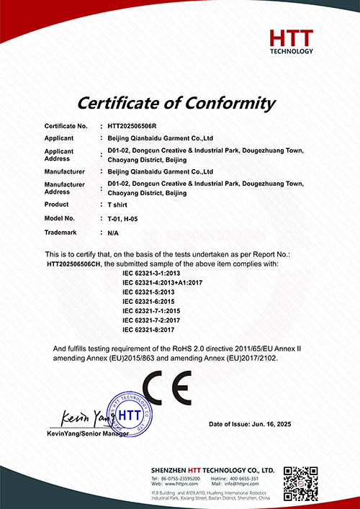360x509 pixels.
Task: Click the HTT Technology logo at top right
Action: tap(291, 41)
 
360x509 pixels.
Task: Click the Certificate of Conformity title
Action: tap(176, 102)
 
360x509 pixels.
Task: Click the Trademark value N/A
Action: tap(113, 233)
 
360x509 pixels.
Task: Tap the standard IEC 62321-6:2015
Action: tap(149, 301)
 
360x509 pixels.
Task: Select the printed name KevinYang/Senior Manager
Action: tap(87, 433)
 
